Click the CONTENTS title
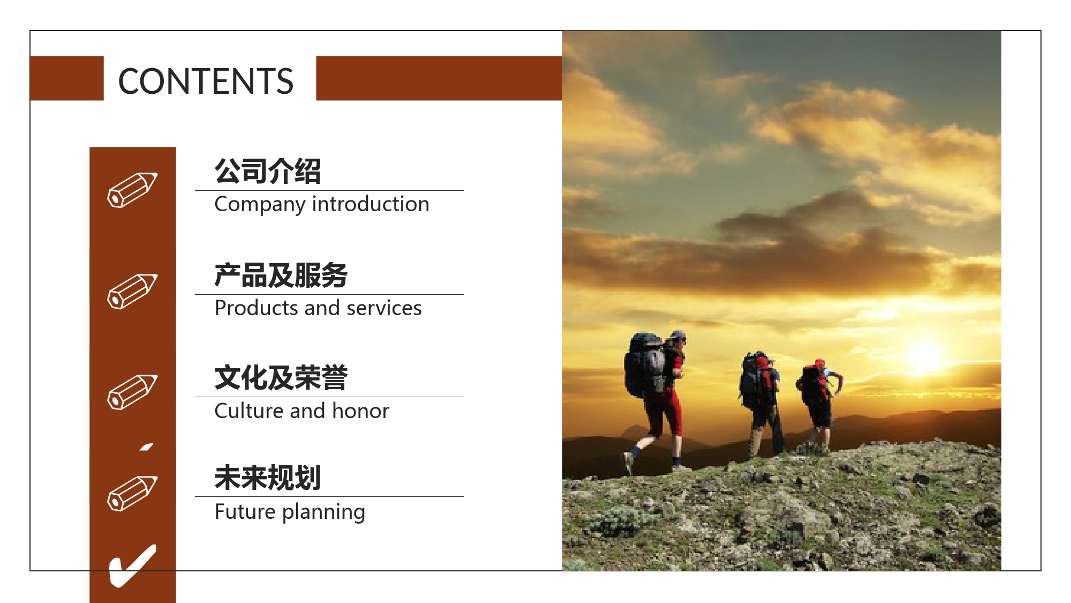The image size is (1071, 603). (x=206, y=81)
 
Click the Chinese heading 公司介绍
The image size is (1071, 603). (x=268, y=171)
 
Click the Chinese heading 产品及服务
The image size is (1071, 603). (x=281, y=275)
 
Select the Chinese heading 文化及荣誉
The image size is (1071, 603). (x=281, y=377)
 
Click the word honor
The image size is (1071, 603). (x=360, y=411)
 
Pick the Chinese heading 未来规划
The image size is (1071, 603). (x=268, y=478)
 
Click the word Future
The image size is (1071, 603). (x=245, y=512)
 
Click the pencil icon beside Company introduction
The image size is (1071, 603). (x=132, y=190)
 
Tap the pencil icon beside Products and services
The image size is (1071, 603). (x=132, y=291)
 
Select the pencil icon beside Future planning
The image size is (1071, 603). (x=132, y=493)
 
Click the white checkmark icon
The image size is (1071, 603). (x=132, y=566)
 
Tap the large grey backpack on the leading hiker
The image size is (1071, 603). (x=645, y=364)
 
